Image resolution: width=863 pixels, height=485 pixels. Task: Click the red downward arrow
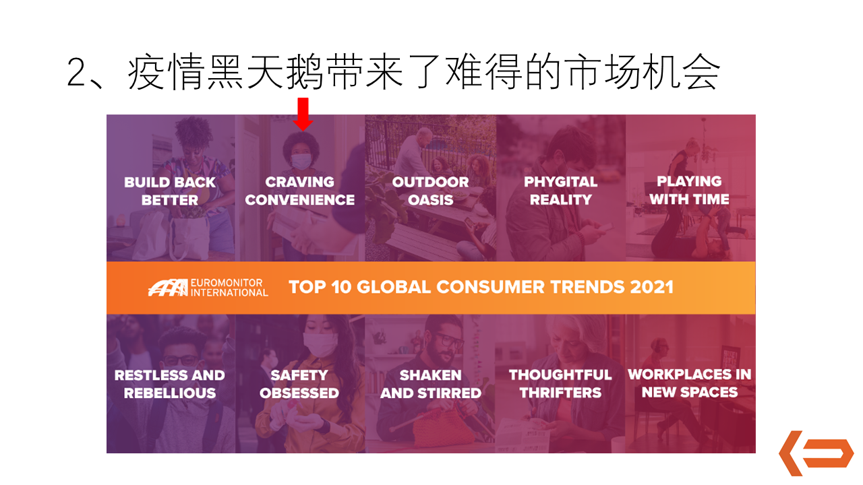tap(303, 114)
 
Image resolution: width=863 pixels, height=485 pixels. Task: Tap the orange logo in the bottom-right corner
tap(816, 453)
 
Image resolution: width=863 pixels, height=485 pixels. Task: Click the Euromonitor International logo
tap(208, 288)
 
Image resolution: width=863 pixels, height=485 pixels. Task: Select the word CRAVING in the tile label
tap(300, 182)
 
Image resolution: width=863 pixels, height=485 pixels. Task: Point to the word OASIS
tap(430, 200)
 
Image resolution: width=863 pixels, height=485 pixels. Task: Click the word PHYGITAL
tap(560, 182)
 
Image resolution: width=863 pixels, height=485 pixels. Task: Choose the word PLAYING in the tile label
tap(689, 181)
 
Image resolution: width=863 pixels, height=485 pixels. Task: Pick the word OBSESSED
tap(299, 393)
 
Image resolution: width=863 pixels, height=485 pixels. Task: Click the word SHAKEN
tap(430, 375)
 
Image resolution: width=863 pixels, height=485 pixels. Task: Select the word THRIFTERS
tap(560, 393)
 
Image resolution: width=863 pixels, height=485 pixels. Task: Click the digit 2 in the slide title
tap(77, 73)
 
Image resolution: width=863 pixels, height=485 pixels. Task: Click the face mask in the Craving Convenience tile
tap(301, 161)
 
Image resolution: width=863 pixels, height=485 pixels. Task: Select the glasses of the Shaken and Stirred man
tap(449, 340)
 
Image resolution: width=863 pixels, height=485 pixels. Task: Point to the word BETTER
tap(169, 201)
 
